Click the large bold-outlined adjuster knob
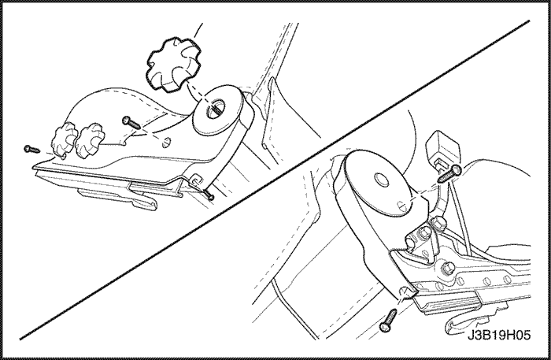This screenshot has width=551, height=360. tap(174, 63)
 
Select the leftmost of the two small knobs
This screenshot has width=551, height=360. tap(65, 139)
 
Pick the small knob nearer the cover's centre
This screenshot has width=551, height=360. tap(91, 140)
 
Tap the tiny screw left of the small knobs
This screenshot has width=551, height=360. tap(31, 150)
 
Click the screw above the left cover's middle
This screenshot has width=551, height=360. tap(131, 122)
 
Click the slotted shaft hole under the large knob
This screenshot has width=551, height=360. tap(214, 107)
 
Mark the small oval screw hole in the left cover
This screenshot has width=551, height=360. tap(167, 143)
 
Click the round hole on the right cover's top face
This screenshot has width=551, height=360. tap(381, 179)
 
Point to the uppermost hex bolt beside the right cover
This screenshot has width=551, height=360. tap(437, 222)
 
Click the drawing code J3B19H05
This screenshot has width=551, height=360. tap(498, 336)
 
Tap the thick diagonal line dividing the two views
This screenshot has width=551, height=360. tap(275, 180)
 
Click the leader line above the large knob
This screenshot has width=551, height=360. tap(198, 31)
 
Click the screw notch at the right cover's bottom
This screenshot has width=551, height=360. tap(404, 292)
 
